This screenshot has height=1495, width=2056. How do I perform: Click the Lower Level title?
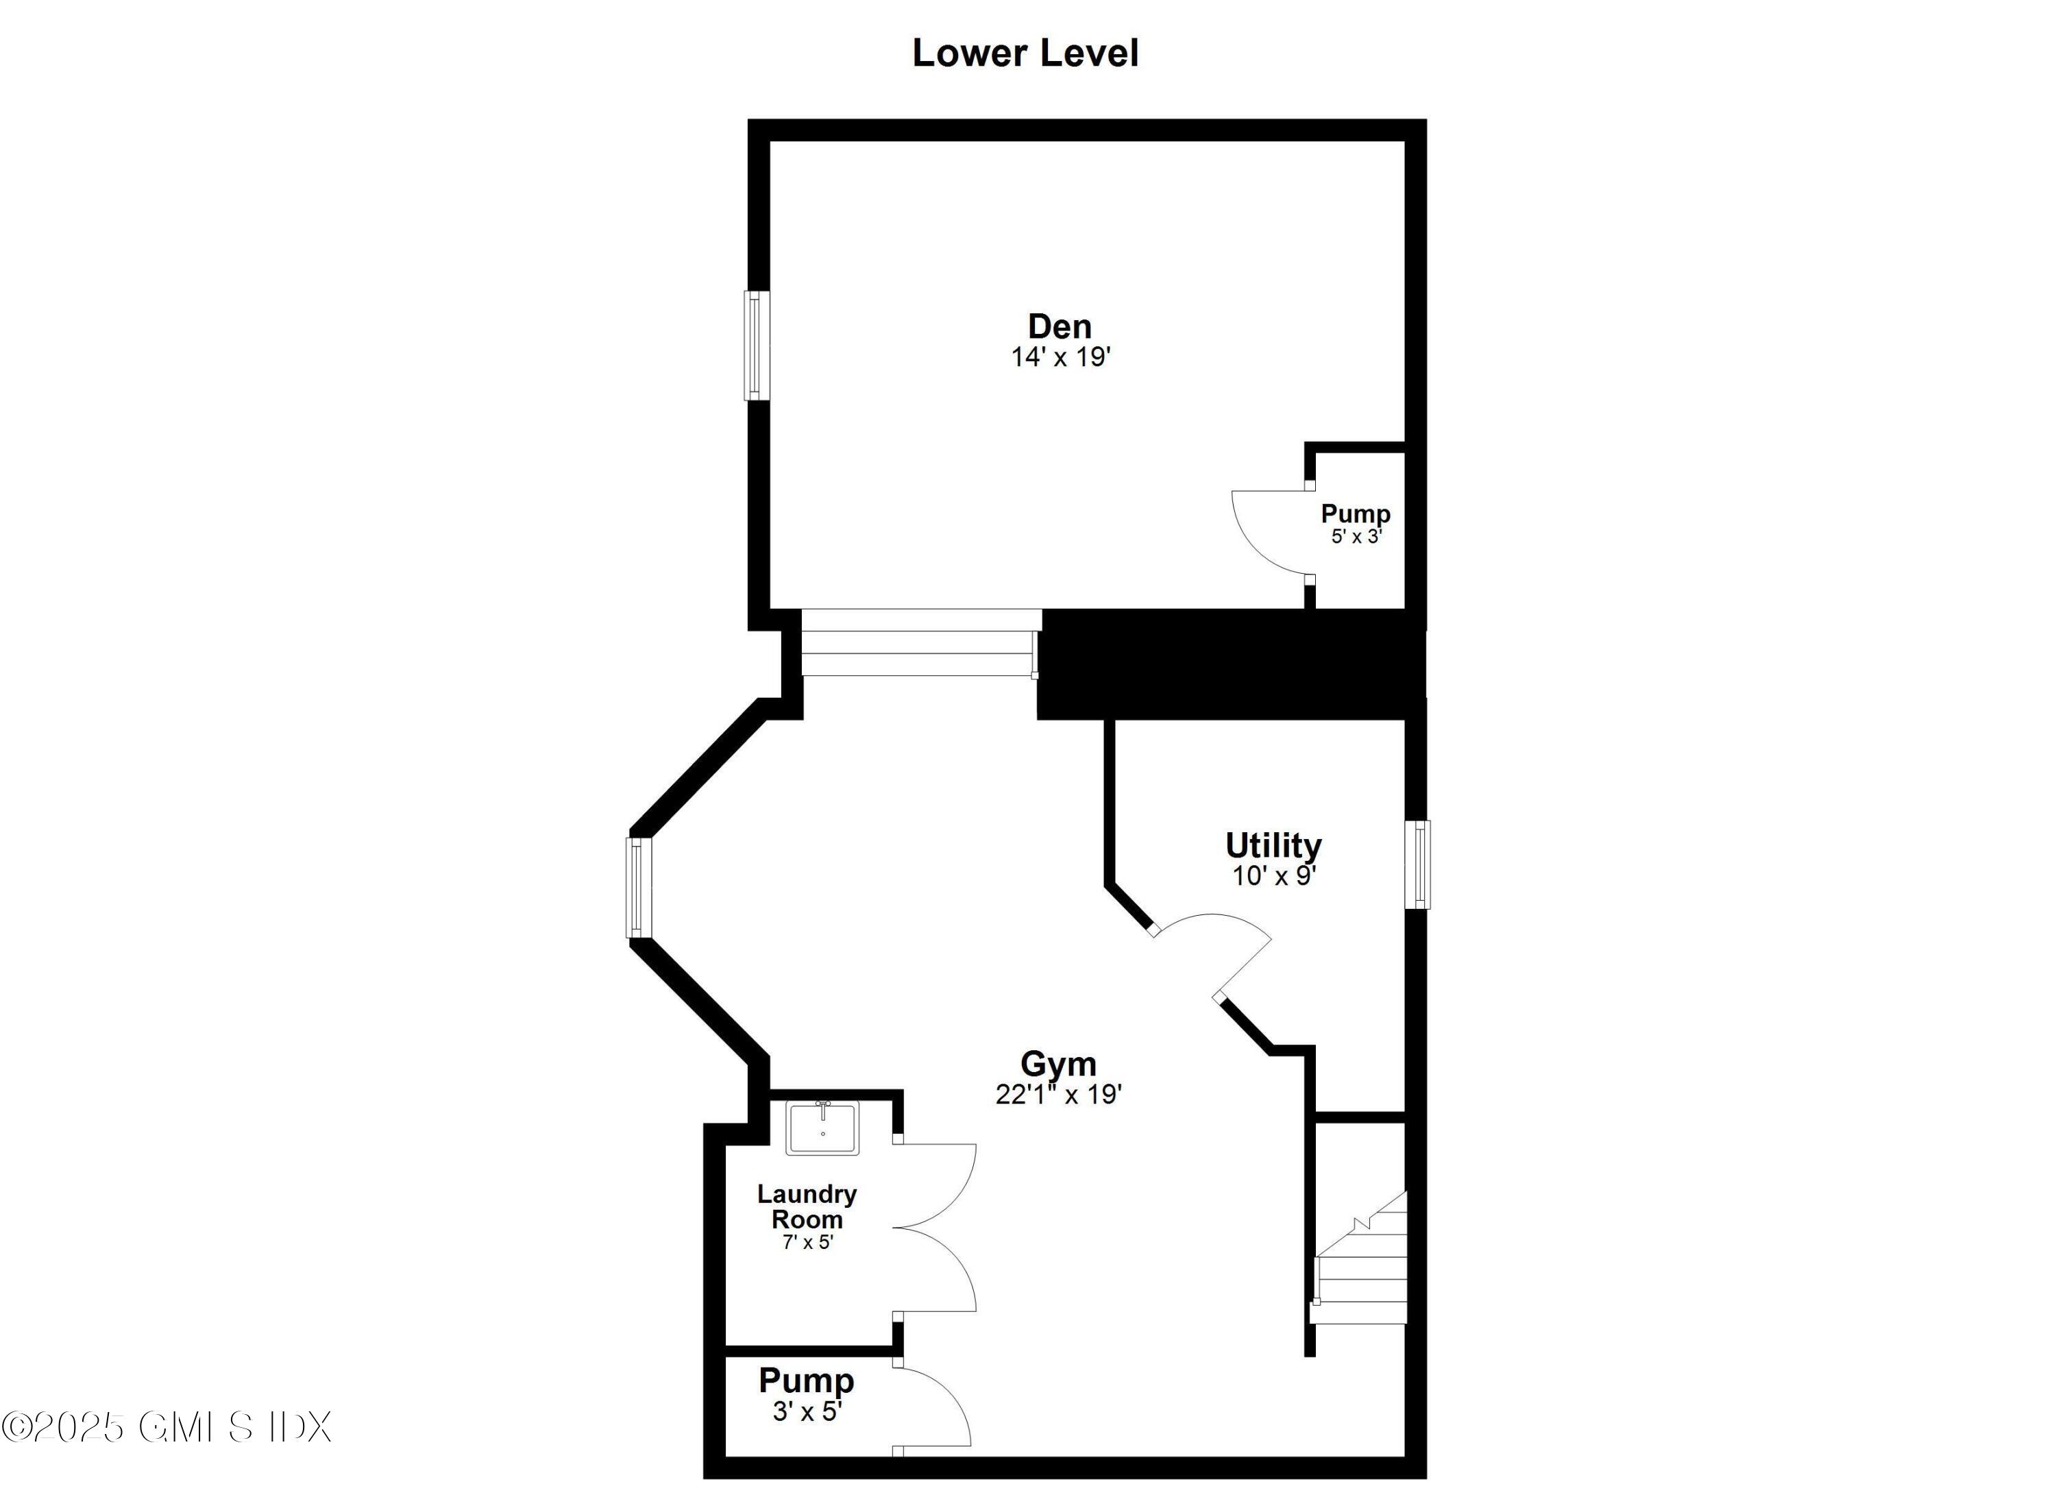click(1025, 53)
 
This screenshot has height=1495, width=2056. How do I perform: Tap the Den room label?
click(1059, 326)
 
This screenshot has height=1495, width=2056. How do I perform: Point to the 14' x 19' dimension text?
click(1061, 357)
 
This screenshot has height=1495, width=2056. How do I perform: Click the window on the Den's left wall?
click(756, 345)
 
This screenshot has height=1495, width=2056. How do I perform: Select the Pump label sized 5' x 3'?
click(1356, 514)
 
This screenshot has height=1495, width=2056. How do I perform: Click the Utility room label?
click(1273, 845)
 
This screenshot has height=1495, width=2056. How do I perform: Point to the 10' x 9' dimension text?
click(1273, 876)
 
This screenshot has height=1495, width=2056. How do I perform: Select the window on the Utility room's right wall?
click(1417, 864)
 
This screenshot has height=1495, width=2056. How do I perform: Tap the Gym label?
click(1058, 1063)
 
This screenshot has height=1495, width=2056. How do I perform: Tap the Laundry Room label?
click(807, 1206)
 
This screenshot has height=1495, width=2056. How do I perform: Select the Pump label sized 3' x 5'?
click(806, 1381)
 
